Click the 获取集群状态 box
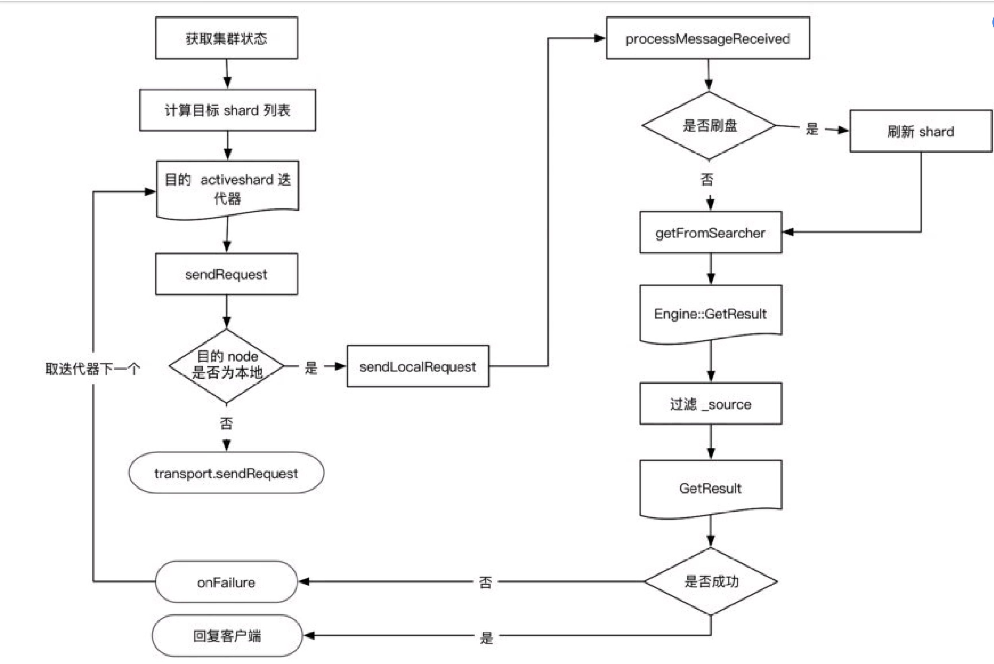click(226, 38)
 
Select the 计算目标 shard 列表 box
click(227, 110)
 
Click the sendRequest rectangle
click(226, 274)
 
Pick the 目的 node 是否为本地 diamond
click(227, 365)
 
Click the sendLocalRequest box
click(418, 366)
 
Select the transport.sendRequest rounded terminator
click(226, 473)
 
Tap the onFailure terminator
click(226, 582)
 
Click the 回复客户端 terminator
click(227, 636)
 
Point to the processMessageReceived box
click(708, 38)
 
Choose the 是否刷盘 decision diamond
click(709, 126)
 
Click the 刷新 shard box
click(921, 131)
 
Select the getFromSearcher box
click(710, 233)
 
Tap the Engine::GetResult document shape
click(710, 314)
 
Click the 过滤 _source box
click(710, 404)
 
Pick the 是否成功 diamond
click(711, 581)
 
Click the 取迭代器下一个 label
click(92, 369)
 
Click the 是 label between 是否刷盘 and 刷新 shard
click(811, 129)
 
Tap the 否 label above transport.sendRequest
click(226, 423)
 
